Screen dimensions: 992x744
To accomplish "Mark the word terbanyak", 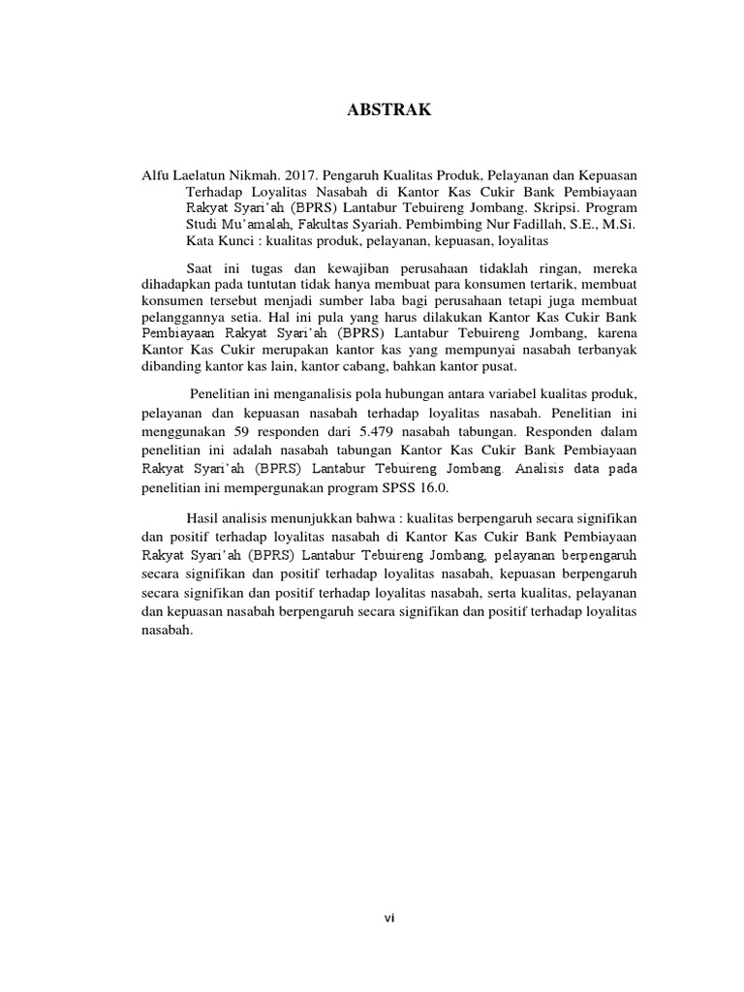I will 604,350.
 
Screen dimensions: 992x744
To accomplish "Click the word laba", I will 362,300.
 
